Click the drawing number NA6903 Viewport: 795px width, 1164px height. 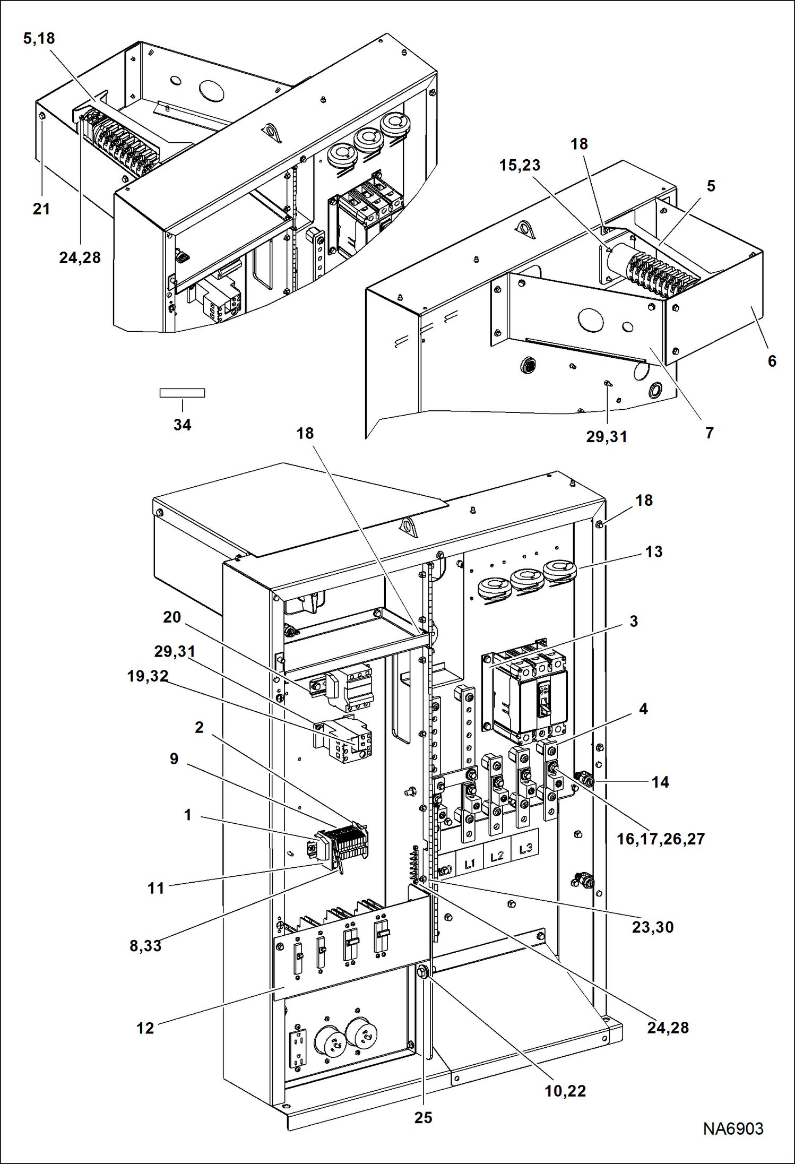coord(733,1128)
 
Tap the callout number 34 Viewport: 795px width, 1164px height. coord(182,425)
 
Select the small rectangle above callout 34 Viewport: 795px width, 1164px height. coord(182,393)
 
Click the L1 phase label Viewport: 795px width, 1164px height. coord(470,864)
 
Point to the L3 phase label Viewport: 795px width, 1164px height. coord(525,848)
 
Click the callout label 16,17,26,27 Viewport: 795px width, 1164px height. coord(660,839)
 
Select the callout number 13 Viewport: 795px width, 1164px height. coord(653,551)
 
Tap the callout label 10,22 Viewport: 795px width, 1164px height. coord(565,1091)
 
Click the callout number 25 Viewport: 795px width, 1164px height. coord(423,1117)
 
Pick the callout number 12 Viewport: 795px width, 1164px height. coord(145,1028)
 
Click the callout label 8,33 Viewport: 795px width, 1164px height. coord(145,945)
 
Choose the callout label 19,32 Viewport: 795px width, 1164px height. coord(148,676)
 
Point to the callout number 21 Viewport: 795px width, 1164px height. coord(41,209)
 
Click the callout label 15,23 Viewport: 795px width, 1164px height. coord(520,165)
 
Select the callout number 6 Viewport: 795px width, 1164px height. coord(772,361)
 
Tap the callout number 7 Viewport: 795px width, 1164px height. coord(709,433)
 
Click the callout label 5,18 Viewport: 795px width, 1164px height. coord(39,38)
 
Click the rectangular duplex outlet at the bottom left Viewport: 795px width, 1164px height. coord(298,1048)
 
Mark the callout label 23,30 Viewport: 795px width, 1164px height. coord(652,927)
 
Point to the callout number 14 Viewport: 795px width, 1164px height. coord(660,782)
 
